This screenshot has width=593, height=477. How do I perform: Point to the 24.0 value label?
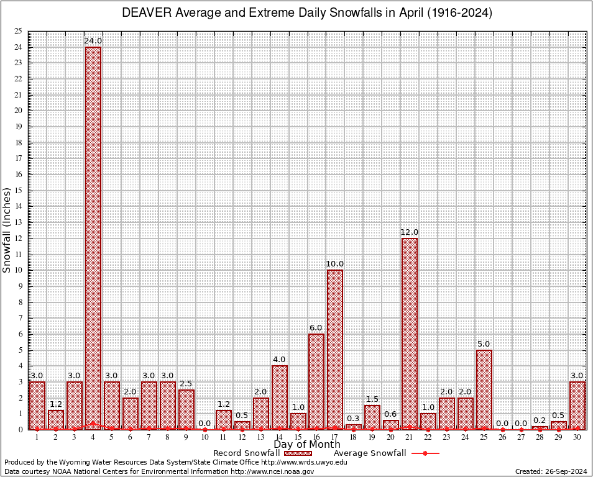click(x=93, y=41)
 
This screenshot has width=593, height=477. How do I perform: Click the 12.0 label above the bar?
click(x=410, y=232)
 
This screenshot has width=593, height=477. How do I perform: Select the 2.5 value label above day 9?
click(x=186, y=384)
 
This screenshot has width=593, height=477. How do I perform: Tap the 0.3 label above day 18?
click(x=354, y=419)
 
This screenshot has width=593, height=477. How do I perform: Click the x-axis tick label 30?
click(x=577, y=437)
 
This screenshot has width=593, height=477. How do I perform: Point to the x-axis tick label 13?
click(x=260, y=437)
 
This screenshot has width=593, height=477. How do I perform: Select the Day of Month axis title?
click(x=306, y=445)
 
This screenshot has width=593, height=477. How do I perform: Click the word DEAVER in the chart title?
click(x=145, y=13)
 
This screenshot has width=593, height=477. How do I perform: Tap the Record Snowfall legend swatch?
click(x=297, y=453)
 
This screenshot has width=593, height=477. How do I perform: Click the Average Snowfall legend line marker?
click(x=425, y=453)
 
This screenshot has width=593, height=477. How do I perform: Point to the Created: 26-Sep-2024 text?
click(x=551, y=472)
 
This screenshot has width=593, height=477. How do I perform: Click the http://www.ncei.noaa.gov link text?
click(x=272, y=472)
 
